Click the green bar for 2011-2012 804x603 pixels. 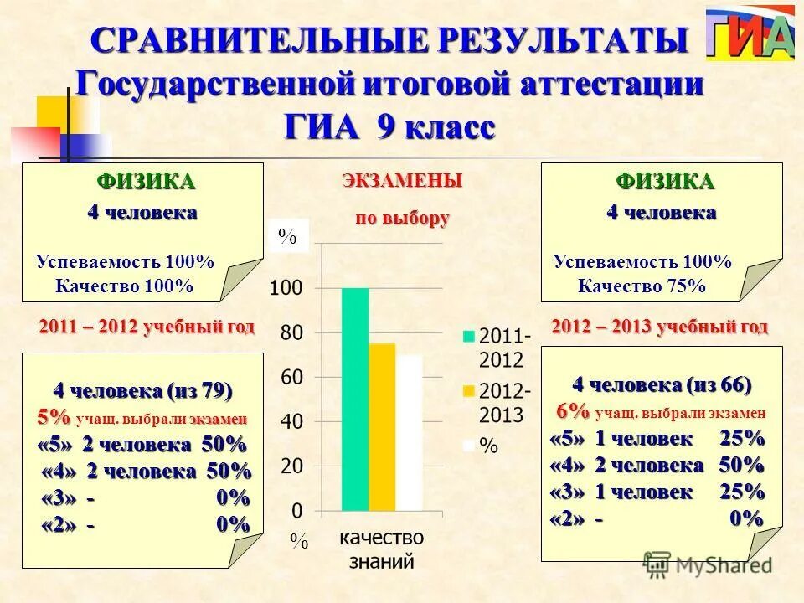(x=354, y=399)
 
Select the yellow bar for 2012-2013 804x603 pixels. (x=382, y=426)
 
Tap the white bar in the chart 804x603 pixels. (x=410, y=432)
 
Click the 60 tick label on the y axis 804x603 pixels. (x=291, y=378)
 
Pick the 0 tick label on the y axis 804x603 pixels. (x=297, y=510)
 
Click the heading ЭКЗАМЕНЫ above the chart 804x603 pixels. (x=401, y=180)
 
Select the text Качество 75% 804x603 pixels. (x=642, y=286)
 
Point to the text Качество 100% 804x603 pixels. (x=125, y=286)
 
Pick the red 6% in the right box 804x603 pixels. (x=574, y=412)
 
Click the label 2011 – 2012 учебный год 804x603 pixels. (x=147, y=326)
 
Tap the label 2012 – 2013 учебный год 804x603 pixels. (x=659, y=326)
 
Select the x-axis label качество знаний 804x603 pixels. (x=381, y=549)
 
